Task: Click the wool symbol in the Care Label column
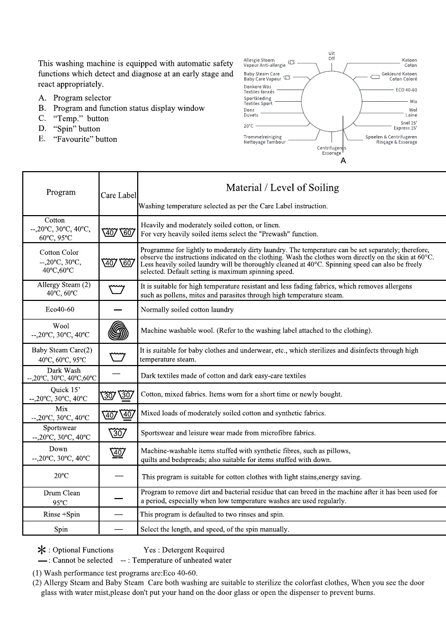(118, 331)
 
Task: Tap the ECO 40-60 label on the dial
(406, 90)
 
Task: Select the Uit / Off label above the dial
(332, 56)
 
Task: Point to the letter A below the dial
(343, 161)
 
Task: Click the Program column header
(61, 192)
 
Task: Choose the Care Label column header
(118, 195)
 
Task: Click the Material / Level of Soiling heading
(282, 188)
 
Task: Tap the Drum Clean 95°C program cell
(61, 497)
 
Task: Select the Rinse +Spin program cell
(61, 514)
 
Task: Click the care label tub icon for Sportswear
(118, 433)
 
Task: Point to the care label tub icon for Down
(118, 453)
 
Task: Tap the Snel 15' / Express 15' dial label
(405, 126)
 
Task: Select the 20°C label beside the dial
(248, 126)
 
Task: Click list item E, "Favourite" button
(77, 139)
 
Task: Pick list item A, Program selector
(75, 98)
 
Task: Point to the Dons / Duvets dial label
(251, 112)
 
